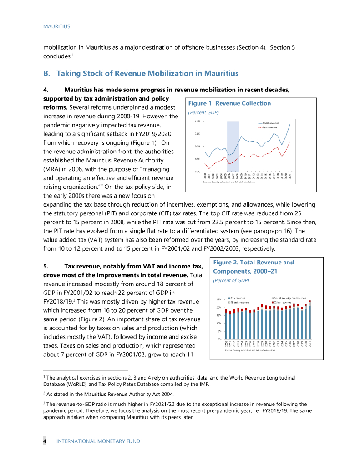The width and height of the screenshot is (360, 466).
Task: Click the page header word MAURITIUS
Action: [x=56, y=27]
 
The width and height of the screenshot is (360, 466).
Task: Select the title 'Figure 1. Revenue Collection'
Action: [x=229, y=103]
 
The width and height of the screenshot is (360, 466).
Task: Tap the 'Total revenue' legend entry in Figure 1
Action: [x=270, y=123]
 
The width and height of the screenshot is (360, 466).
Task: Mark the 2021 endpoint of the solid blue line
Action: [x=290, y=125]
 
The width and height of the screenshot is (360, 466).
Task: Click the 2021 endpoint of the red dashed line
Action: [x=290, y=142]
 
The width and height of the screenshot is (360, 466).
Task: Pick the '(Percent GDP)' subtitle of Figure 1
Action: [x=203, y=112]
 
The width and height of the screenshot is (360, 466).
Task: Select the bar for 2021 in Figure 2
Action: [x=310, y=320]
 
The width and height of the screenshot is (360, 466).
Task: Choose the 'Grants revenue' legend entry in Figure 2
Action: [x=240, y=302]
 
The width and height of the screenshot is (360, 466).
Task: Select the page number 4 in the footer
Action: [x=45, y=441]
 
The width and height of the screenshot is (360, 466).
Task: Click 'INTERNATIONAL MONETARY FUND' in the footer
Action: [x=98, y=441]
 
